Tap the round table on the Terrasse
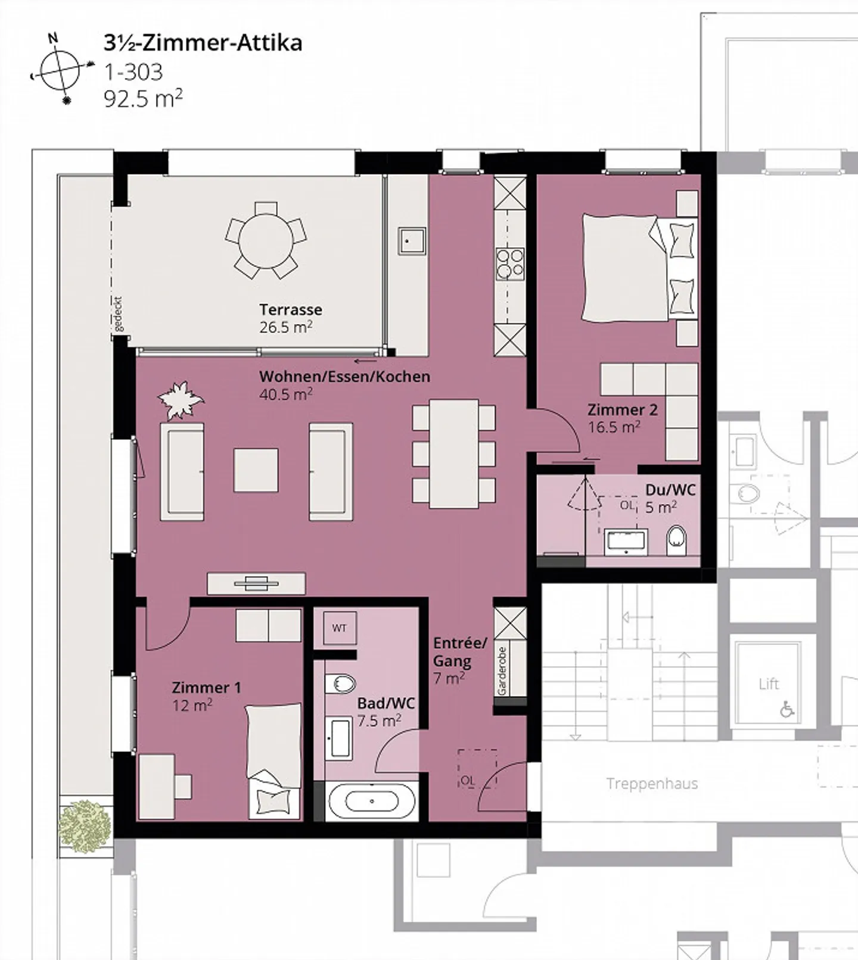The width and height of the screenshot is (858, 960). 266,241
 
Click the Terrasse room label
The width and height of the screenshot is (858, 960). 291,309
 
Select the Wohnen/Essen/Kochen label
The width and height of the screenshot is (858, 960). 344,377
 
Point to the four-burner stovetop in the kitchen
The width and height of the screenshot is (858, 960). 511,263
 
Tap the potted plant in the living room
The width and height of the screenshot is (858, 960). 181,400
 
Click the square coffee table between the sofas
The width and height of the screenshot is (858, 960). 256,470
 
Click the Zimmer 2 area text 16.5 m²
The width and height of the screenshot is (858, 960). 614,427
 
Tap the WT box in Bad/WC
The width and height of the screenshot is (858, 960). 340,628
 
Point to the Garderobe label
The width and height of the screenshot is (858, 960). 502,670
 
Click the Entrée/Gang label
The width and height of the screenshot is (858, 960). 460,652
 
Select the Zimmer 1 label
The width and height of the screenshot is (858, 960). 206,688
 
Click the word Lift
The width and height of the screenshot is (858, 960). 769,684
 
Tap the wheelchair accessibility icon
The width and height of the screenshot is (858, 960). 787,709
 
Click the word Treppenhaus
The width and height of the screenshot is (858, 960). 652,784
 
